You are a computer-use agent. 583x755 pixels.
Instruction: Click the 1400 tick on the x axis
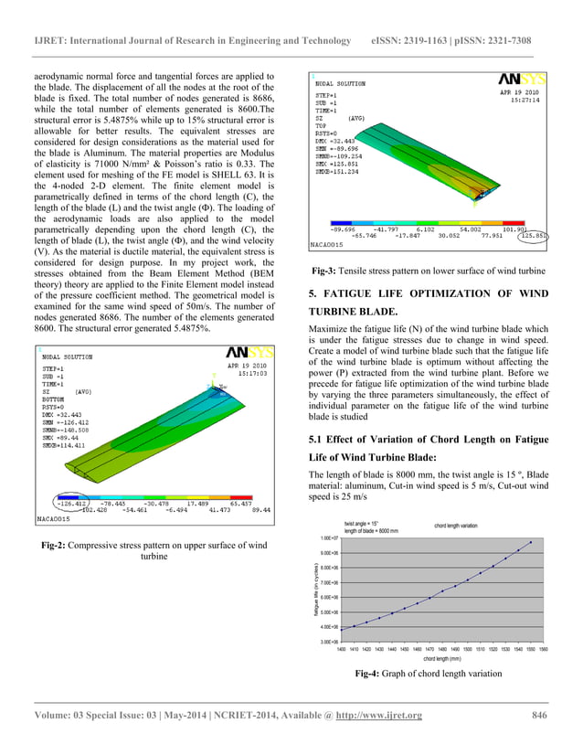click(x=341, y=648)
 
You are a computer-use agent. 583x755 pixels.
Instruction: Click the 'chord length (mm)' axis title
click(x=442, y=658)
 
